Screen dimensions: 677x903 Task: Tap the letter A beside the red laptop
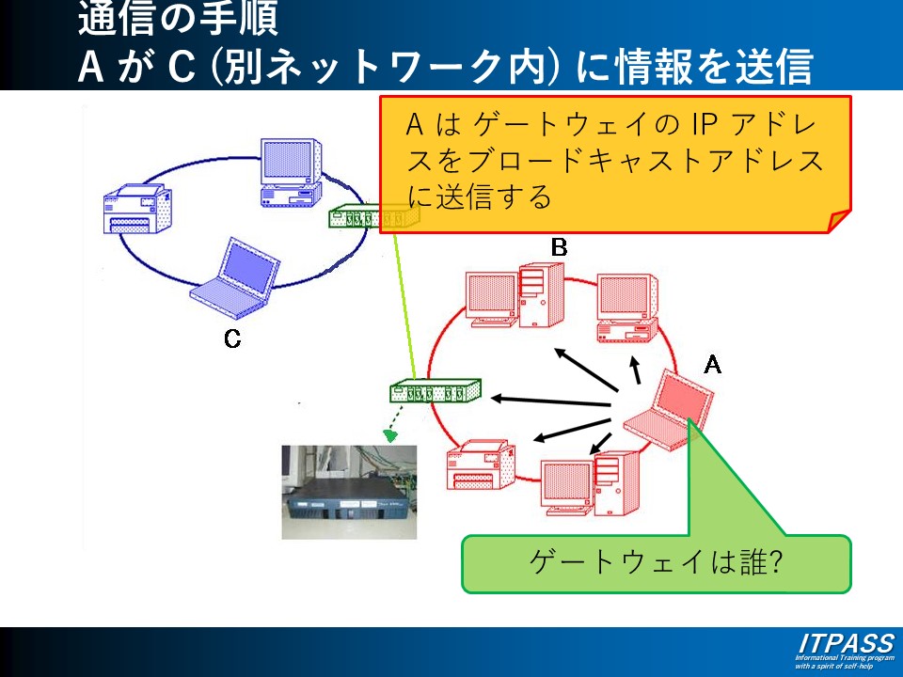(713, 365)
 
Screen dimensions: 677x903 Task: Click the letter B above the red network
(559, 247)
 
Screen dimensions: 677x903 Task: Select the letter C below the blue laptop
(232, 339)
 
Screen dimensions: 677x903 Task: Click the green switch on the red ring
(436, 390)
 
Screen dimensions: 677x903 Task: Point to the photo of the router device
(348, 492)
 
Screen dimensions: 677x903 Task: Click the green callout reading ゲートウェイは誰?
(656, 563)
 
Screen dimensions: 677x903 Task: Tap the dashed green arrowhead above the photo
(388, 435)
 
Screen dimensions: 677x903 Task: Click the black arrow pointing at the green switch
(551, 400)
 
